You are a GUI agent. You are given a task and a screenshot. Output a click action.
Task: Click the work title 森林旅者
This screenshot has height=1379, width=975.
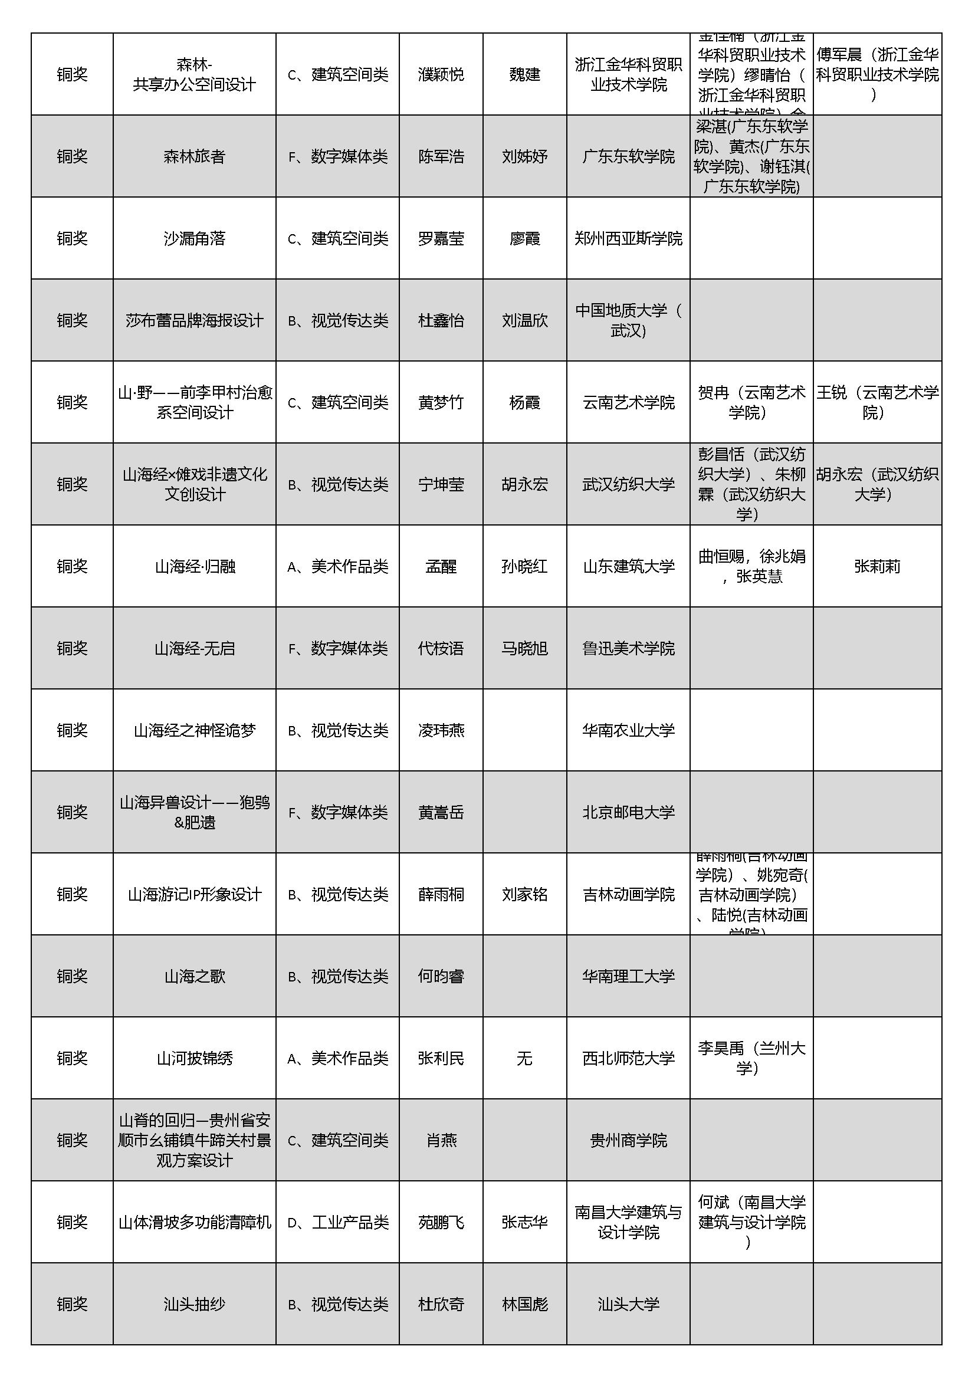pyautogui.click(x=194, y=157)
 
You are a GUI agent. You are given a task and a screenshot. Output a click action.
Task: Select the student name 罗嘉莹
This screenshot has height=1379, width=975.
pyautogui.click(x=441, y=238)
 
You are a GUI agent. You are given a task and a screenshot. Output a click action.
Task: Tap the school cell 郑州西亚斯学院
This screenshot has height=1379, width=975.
pyautogui.click(x=628, y=238)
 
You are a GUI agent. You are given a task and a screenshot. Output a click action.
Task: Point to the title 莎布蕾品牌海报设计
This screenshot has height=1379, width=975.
pyautogui.click(x=194, y=321)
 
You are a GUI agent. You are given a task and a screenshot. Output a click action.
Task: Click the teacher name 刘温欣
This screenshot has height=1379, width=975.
pyautogui.click(x=524, y=321)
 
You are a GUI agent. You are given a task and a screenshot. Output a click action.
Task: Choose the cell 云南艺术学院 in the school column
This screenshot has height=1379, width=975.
pyautogui.click(x=628, y=402)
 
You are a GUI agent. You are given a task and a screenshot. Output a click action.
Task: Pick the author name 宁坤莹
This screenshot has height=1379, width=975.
pyautogui.click(x=441, y=485)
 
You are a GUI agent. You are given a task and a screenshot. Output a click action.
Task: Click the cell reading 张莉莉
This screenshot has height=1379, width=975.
pyautogui.click(x=877, y=566)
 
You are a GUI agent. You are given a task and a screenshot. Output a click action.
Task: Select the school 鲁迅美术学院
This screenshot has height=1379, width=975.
pyautogui.click(x=628, y=649)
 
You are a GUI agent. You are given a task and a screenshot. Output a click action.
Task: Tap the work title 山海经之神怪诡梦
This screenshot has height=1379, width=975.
pyautogui.click(x=194, y=730)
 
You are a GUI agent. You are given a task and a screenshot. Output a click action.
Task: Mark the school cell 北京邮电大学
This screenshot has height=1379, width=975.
pyautogui.click(x=628, y=813)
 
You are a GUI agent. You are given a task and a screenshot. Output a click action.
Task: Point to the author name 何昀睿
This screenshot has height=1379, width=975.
pyautogui.click(x=441, y=977)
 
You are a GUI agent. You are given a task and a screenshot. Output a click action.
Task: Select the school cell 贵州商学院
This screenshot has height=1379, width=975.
pyautogui.click(x=628, y=1141)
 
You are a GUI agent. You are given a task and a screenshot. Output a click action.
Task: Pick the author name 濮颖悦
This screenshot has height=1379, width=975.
pyautogui.click(x=441, y=74)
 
